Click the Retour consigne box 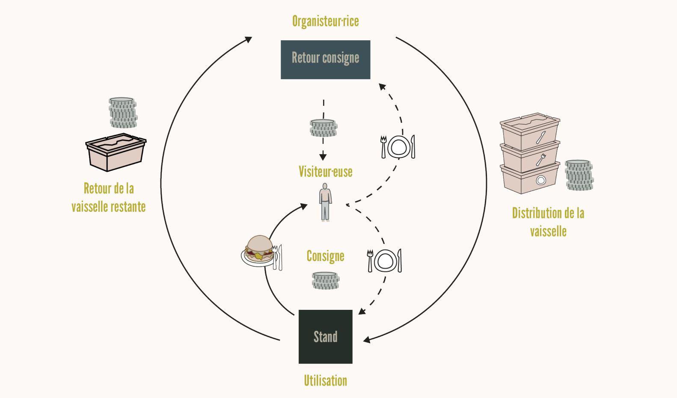[x=325, y=59]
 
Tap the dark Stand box [x=325, y=336]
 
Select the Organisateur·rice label [x=325, y=21]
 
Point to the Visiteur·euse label [x=325, y=172]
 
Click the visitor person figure [x=325, y=202]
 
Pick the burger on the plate [x=259, y=249]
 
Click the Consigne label [x=325, y=256]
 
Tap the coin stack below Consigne [x=325, y=281]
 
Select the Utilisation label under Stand [x=325, y=380]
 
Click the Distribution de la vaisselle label [x=548, y=222]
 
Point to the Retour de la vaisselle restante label [x=109, y=197]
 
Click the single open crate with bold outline [x=116, y=152]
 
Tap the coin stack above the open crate [x=123, y=113]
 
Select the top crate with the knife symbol [x=530, y=132]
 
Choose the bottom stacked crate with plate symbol [x=530, y=178]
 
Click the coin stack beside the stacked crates [x=579, y=175]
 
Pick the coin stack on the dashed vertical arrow [x=323, y=128]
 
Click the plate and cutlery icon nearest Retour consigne [x=398, y=147]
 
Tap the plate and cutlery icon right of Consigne [x=384, y=261]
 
